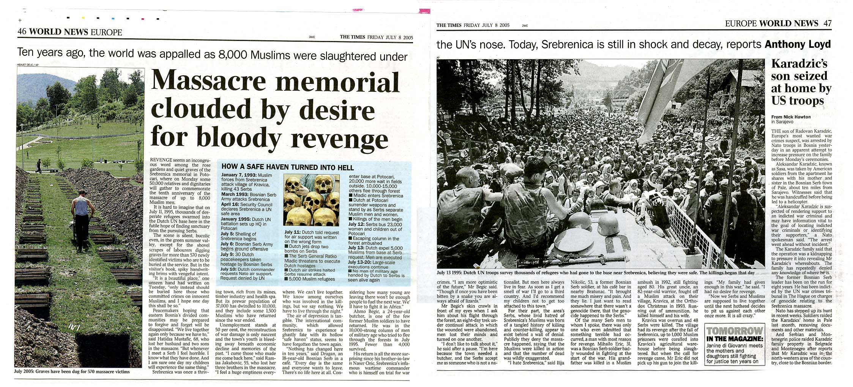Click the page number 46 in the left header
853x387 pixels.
[x=22, y=32]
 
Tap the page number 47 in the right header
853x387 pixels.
[x=828, y=23]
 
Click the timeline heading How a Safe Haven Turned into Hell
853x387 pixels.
[x=287, y=167]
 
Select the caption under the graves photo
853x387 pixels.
[x=72, y=372]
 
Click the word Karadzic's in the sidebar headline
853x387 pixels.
[x=799, y=64]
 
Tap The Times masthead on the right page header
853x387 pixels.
[x=449, y=25]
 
